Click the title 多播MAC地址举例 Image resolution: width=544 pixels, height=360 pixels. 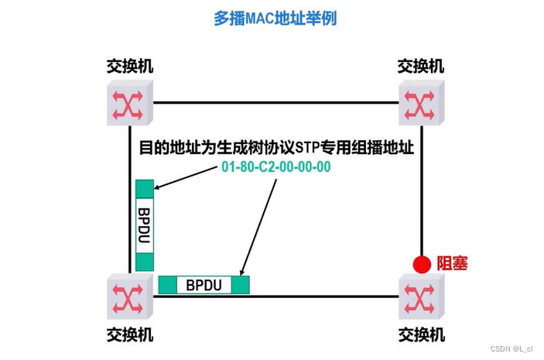[x=275, y=18]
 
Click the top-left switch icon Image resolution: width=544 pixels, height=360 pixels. [x=129, y=102]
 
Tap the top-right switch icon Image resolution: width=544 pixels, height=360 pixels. [x=421, y=102]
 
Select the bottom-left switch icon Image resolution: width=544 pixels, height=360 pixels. [x=129, y=297]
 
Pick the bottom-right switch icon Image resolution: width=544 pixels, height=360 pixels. [x=421, y=297]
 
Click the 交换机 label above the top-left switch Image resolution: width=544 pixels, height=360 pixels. [x=129, y=65]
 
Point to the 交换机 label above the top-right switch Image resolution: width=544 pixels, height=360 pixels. [x=421, y=65]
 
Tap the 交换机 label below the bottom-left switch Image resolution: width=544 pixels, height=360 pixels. [x=129, y=334]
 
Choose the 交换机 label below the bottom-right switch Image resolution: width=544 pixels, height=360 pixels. [x=421, y=334]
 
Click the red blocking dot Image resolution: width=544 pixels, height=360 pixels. [x=421, y=264]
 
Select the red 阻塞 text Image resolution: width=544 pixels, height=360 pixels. [x=452, y=264]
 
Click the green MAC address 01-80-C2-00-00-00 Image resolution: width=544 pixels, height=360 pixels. [x=276, y=167]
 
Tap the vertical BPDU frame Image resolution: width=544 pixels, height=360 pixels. [x=145, y=225]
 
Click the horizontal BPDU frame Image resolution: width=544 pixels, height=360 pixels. [x=204, y=284]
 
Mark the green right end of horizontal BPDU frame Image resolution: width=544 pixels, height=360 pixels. [x=241, y=284]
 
